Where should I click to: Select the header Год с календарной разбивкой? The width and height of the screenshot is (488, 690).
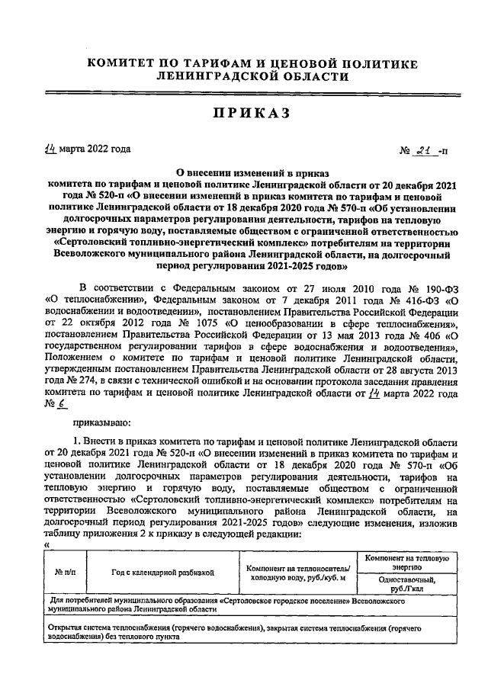point(162,571)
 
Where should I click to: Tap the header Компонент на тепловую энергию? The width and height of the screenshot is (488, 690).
point(406,562)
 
